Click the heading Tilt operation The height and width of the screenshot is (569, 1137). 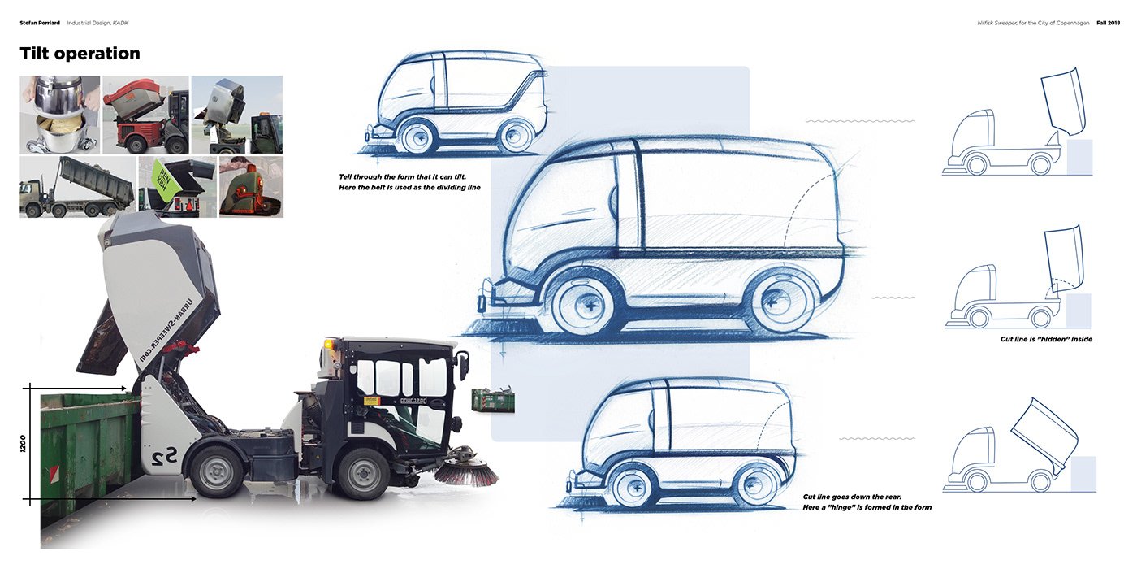coord(80,54)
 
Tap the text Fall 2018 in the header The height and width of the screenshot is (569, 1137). coord(1102,23)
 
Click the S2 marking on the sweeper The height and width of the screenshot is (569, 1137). coord(167,458)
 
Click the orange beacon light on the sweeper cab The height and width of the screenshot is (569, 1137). coord(328,345)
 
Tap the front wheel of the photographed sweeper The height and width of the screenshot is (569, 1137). coord(364,472)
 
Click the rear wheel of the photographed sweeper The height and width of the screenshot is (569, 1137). coord(218,471)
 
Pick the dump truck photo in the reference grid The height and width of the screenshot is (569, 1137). coord(77,187)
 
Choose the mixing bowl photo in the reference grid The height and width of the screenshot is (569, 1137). coord(60,115)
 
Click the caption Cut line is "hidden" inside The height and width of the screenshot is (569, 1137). coord(1046,339)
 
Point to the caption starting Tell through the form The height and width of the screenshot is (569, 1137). coord(410,182)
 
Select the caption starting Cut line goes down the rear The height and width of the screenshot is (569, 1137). coord(867,502)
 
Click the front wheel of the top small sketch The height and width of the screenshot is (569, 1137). coord(423,135)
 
